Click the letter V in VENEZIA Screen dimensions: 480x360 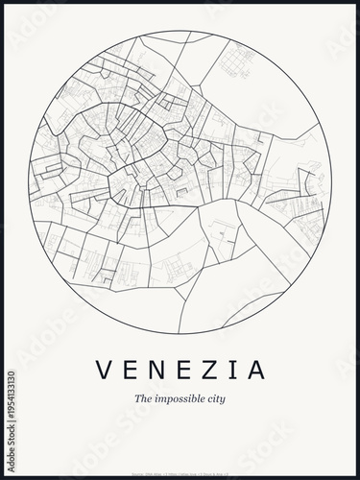(x=104, y=370)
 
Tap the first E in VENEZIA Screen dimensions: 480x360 (x=130, y=370)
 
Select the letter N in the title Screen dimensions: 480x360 (x=156, y=370)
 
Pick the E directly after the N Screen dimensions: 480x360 (x=181, y=370)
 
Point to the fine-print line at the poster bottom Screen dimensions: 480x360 (x=180, y=444)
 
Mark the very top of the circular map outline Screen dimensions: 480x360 (x=180, y=32)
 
